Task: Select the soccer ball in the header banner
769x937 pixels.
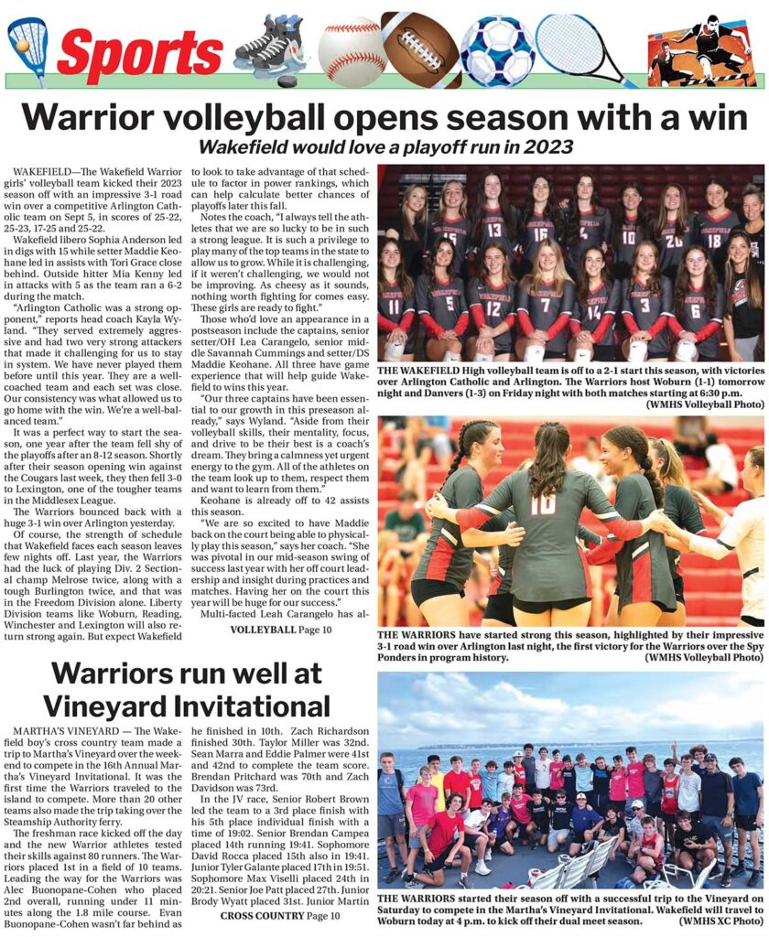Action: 496,51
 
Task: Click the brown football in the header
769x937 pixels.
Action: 420,48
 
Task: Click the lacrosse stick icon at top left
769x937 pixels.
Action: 27,46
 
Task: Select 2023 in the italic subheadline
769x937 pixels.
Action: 547,146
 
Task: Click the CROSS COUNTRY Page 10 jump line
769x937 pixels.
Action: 280,916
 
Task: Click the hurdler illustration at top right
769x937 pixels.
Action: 705,50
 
